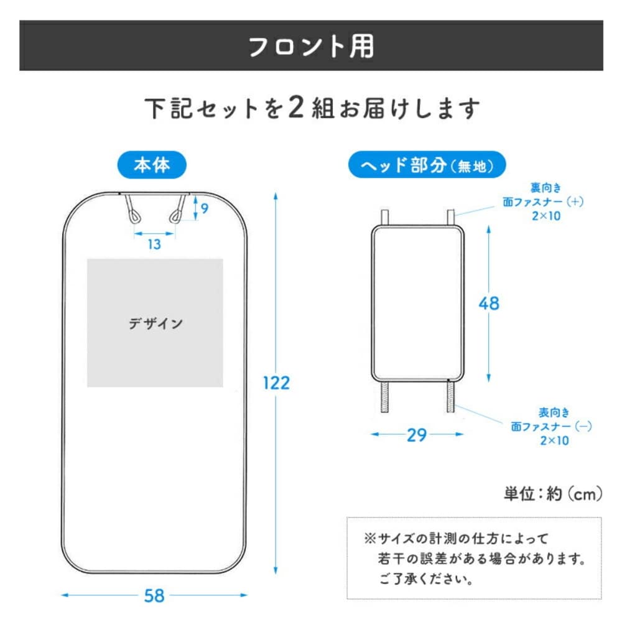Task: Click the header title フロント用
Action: (x=311, y=46)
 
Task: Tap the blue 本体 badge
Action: (x=152, y=165)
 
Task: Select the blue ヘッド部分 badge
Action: (x=427, y=165)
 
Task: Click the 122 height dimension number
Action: (x=277, y=383)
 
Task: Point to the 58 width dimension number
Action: (x=154, y=595)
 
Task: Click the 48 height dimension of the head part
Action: (x=489, y=304)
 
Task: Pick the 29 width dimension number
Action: (x=417, y=435)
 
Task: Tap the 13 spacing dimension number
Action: (x=154, y=244)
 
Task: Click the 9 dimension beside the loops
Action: (x=204, y=208)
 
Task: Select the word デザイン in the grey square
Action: (x=155, y=323)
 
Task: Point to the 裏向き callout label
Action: (x=546, y=188)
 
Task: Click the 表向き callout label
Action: (x=554, y=412)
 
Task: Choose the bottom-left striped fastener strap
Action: (x=384, y=397)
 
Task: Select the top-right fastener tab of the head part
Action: (x=450, y=217)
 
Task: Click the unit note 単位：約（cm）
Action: (x=553, y=494)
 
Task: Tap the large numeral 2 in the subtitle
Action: (x=296, y=107)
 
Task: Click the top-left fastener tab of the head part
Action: (x=384, y=217)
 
